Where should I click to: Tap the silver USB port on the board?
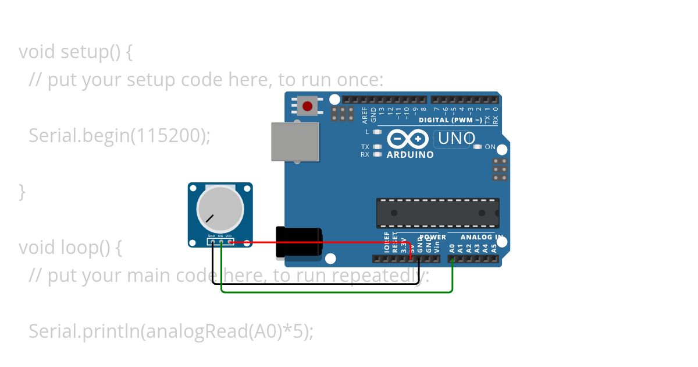295,142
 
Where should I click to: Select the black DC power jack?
298,241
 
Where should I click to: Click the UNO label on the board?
457,139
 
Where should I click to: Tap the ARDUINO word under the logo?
410,155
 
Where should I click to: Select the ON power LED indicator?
478,147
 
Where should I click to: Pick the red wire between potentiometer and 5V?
320,242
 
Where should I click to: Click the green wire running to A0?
337,291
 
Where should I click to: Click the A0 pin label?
452,248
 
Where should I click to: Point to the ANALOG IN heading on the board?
482,237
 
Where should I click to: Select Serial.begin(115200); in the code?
119,136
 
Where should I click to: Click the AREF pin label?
365,115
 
